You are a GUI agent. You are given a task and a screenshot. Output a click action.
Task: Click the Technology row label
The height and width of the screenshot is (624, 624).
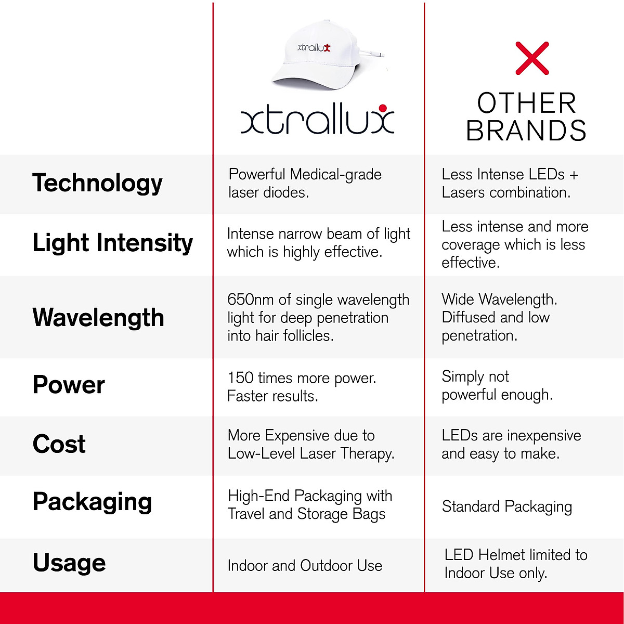(97, 183)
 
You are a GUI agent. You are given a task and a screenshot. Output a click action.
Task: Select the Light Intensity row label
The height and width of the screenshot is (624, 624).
(112, 243)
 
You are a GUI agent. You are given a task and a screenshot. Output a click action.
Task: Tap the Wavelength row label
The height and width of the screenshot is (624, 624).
(98, 317)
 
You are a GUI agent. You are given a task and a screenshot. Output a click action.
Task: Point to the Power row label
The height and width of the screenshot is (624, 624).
(69, 385)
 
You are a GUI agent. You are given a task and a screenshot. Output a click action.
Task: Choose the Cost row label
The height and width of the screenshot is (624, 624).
(59, 444)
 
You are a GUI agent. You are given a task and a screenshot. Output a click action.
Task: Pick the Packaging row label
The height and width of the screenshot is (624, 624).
(92, 502)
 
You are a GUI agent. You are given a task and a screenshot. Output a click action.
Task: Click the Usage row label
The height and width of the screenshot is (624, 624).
(69, 563)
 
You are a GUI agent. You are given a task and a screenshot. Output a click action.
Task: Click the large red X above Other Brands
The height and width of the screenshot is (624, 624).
(532, 58)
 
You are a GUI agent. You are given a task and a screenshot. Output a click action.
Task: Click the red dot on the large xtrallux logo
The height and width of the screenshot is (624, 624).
(383, 108)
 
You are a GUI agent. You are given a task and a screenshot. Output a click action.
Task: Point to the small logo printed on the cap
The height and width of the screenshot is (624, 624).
(314, 48)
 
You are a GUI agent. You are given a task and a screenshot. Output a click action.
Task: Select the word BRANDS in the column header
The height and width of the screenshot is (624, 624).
(526, 130)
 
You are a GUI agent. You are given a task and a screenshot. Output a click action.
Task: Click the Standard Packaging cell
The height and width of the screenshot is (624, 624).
(507, 507)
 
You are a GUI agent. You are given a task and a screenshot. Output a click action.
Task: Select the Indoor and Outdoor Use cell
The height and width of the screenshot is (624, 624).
(305, 566)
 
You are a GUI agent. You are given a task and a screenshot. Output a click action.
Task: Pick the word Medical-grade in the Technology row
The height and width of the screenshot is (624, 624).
(336, 175)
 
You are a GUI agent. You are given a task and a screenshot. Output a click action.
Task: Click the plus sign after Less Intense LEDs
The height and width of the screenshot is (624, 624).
(574, 175)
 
